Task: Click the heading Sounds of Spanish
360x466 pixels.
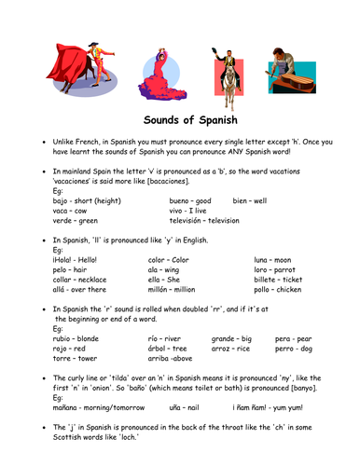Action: [x=180, y=120]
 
